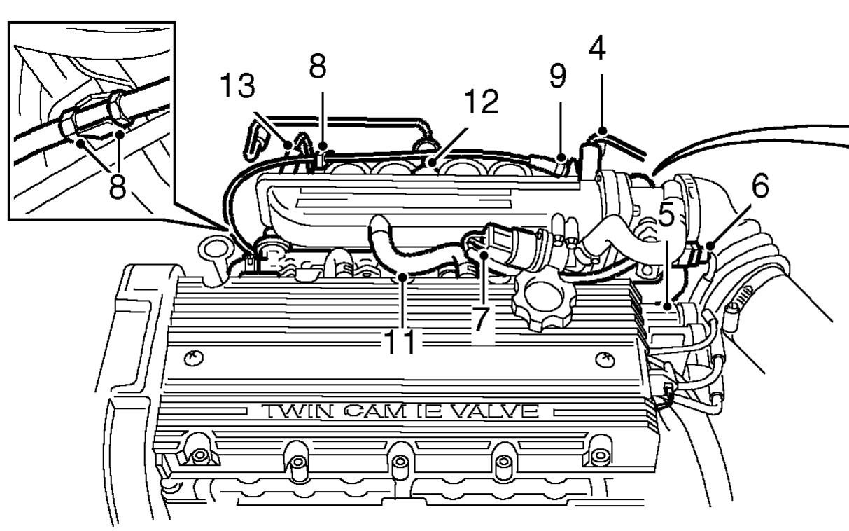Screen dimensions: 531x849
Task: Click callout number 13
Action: [237, 86]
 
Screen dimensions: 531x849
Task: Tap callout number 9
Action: [557, 76]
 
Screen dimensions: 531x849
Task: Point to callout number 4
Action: [596, 47]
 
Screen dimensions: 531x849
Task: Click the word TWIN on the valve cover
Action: [288, 411]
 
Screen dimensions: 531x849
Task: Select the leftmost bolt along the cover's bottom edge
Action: [199, 455]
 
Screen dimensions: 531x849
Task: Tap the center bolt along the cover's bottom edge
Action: [400, 462]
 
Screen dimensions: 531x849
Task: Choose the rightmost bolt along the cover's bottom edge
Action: [598, 455]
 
